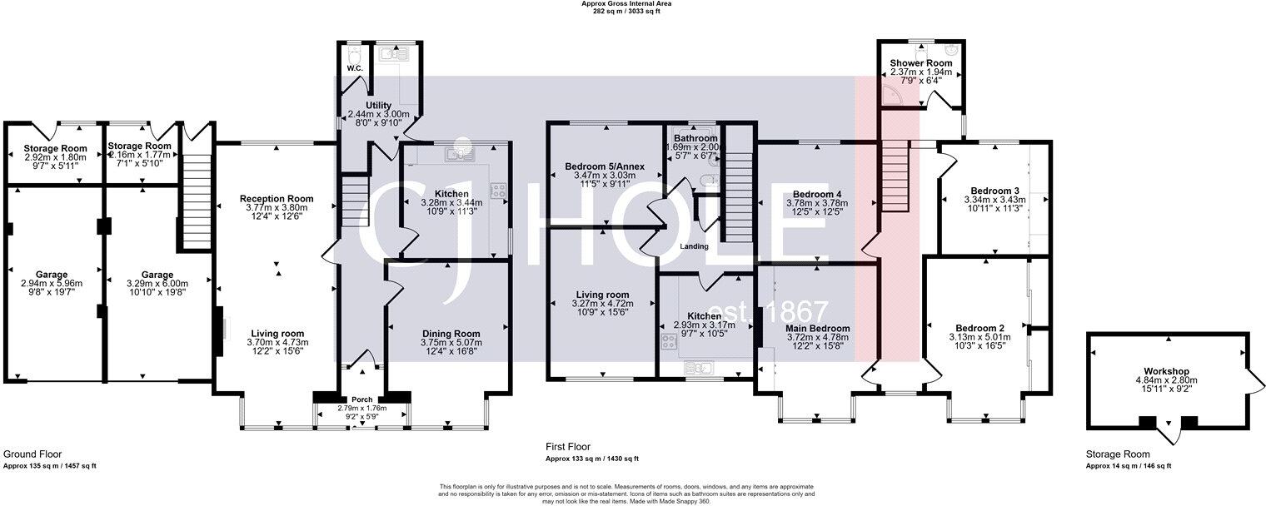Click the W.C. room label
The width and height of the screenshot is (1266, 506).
(x=353, y=68)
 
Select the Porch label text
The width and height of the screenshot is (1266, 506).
(x=362, y=399)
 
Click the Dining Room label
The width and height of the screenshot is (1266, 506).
(x=449, y=333)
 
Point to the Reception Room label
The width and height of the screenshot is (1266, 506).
(x=277, y=199)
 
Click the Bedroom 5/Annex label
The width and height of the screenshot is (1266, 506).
(x=604, y=166)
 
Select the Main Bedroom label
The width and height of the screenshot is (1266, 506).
(x=817, y=329)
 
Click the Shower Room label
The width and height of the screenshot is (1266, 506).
(x=921, y=63)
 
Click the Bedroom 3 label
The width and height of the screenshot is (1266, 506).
(x=984, y=190)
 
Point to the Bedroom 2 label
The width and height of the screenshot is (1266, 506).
(x=978, y=327)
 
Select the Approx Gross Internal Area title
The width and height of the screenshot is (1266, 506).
(x=626, y=3)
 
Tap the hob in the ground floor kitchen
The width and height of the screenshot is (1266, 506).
(x=501, y=191)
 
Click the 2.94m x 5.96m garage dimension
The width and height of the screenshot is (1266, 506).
(x=52, y=284)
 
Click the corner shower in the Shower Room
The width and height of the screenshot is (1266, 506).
(x=896, y=98)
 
